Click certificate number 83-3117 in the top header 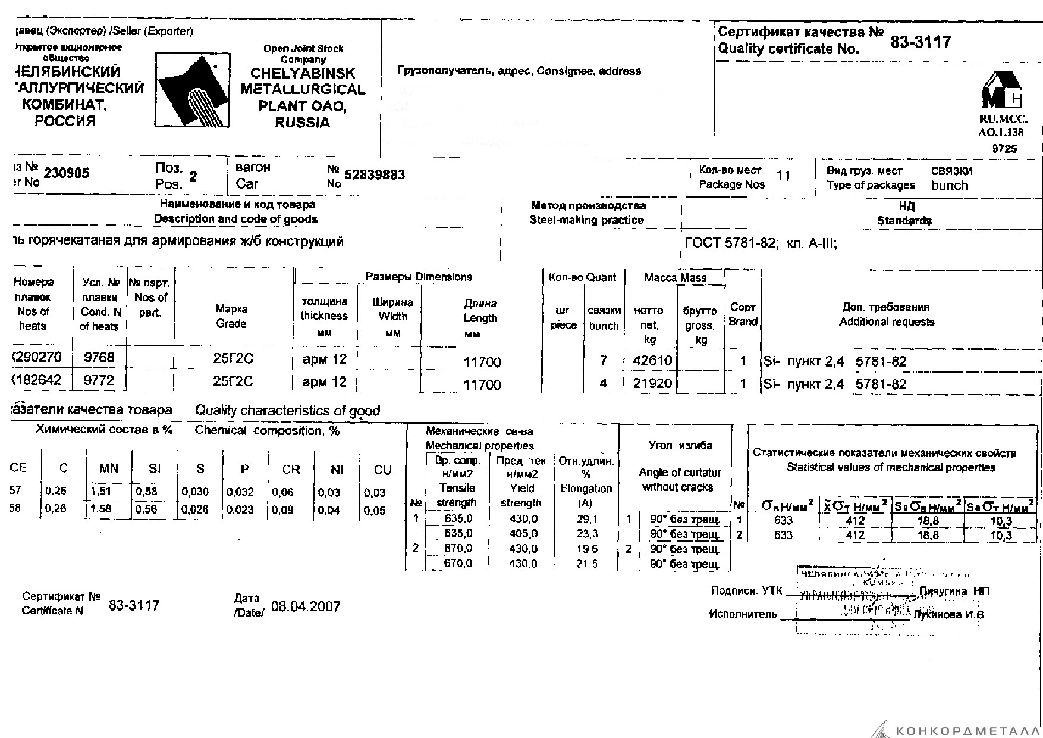point(921,42)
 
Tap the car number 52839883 point(375,174)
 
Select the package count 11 point(784,176)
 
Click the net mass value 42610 point(652,360)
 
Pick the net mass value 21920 point(652,383)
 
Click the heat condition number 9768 point(99,357)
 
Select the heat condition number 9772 point(99,380)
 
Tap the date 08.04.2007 point(306,606)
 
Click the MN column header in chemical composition point(109,468)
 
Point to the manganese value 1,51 point(101,491)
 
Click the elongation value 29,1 point(587,519)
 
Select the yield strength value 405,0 point(523,534)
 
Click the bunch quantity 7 point(604,360)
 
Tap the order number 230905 point(67,173)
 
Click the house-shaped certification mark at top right point(1001,90)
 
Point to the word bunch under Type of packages point(950,186)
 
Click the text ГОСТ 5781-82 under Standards point(730,243)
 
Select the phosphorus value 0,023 point(240,510)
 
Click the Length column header point(480,318)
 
